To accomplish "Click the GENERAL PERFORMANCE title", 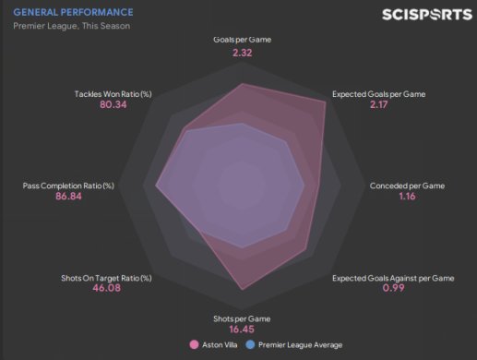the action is pyautogui.click(x=73, y=12).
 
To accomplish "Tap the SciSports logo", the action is pyautogui.click(x=427, y=15).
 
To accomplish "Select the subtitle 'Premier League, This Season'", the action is pyautogui.click(x=71, y=26).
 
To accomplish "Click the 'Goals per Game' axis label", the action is pyautogui.click(x=243, y=40).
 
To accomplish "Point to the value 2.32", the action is pyautogui.click(x=243, y=53).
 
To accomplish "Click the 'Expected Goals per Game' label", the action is pyautogui.click(x=379, y=94).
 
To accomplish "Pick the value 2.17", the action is pyautogui.click(x=379, y=104).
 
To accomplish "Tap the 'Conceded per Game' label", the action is pyautogui.click(x=407, y=186).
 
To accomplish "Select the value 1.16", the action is pyautogui.click(x=407, y=197).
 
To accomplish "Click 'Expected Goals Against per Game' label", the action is pyautogui.click(x=393, y=278).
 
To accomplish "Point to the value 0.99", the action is pyautogui.click(x=393, y=288).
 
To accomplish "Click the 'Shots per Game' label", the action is pyautogui.click(x=242, y=318).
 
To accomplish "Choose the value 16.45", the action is pyautogui.click(x=242, y=330).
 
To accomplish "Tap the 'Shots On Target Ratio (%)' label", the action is pyautogui.click(x=106, y=278).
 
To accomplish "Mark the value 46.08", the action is pyautogui.click(x=107, y=288).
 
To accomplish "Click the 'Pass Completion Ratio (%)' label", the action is pyautogui.click(x=68, y=186).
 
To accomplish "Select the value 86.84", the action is pyautogui.click(x=68, y=197).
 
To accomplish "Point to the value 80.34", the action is pyautogui.click(x=113, y=104).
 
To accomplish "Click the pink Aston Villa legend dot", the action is pyautogui.click(x=194, y=344).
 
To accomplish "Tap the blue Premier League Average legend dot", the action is pyautogui.click(x=250, y=344).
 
